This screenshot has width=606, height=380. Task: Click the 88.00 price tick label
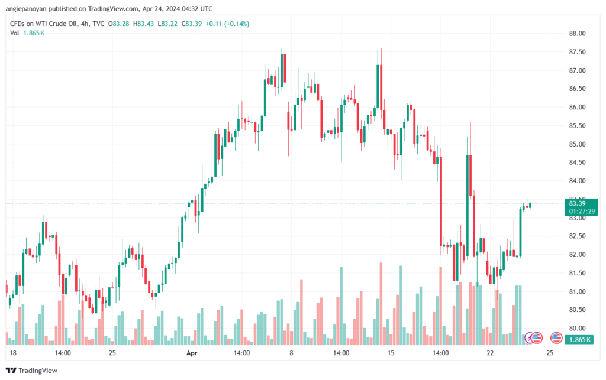click(577, 34)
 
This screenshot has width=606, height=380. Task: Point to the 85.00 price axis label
click(577, 144)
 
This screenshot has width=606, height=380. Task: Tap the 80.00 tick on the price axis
click(577, 329)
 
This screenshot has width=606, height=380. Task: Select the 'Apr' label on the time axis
click(192, 353)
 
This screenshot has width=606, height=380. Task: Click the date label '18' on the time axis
click(13, 353)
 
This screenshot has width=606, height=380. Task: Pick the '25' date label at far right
click(550, 353)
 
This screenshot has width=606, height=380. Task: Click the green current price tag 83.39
click(578, 203)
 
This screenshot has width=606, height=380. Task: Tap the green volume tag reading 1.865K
click(579, 339)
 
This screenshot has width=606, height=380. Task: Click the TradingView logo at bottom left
click(32, 371)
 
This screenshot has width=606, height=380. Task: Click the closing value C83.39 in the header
click(192, 24)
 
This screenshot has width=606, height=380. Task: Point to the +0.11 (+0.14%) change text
click(227, 24)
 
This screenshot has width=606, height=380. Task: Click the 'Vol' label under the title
click(14, 33)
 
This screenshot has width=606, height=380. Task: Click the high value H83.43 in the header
click(143, 24)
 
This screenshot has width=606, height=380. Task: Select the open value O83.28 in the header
click(118, 24)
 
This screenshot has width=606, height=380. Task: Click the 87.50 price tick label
click(577, 52)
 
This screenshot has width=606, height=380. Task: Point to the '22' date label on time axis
click(490, 353)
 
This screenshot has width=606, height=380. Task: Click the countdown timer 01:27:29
click(582, 212)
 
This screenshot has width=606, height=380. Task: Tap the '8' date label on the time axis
click(291, 353)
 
